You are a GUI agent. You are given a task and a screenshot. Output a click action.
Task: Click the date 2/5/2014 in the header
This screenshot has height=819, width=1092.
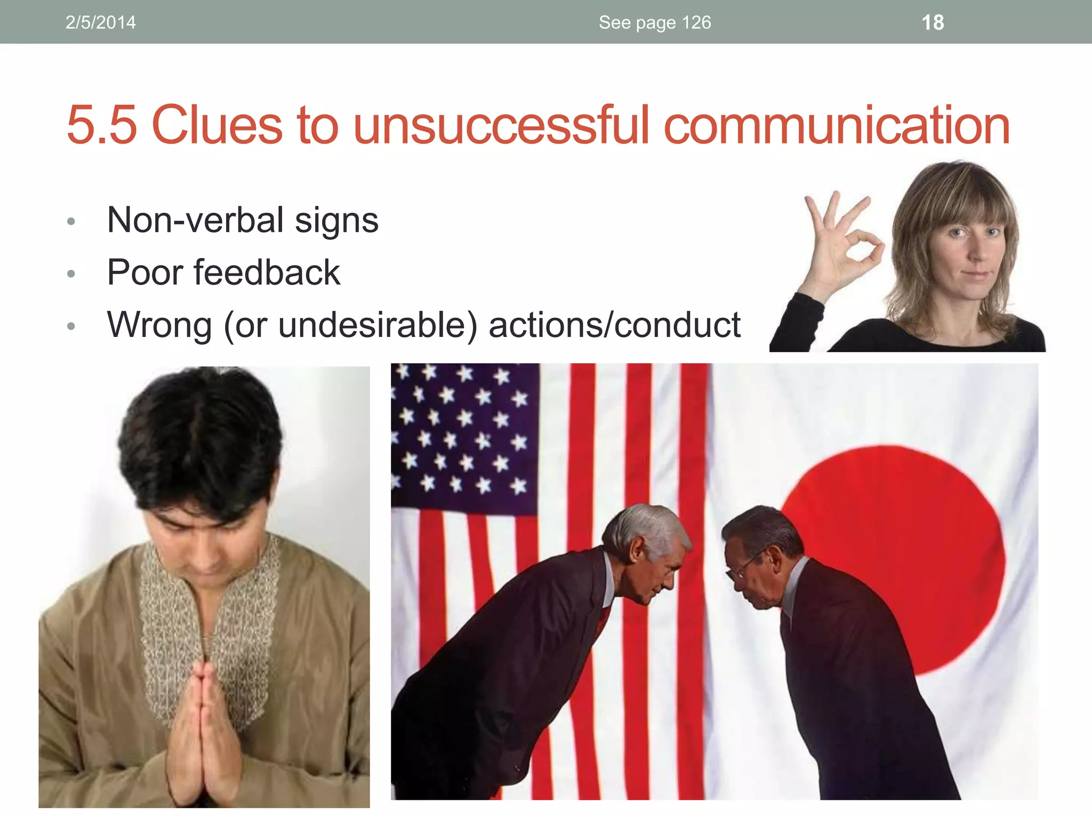click(100, 22)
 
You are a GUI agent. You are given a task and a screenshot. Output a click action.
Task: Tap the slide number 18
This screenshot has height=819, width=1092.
click(933, 22)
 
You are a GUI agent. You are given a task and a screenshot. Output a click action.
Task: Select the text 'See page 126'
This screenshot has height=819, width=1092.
click(655, 22)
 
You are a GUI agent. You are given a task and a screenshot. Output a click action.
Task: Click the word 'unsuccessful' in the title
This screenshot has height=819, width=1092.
click(501, 125)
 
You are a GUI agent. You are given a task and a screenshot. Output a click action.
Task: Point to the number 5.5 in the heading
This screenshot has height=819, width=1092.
click(101, 125)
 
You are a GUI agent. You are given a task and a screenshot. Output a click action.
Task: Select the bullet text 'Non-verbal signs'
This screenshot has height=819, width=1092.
click(243, 220)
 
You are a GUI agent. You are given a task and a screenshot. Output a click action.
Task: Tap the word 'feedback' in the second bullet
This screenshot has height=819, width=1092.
click(267, 272)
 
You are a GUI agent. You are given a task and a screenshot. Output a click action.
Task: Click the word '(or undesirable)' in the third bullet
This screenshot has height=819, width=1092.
click(350, 325)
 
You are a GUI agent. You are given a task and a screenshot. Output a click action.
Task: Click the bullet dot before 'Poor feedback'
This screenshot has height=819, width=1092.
click(71, 274)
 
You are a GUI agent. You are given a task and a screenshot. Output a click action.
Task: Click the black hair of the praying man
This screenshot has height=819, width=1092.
click(200, 443)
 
